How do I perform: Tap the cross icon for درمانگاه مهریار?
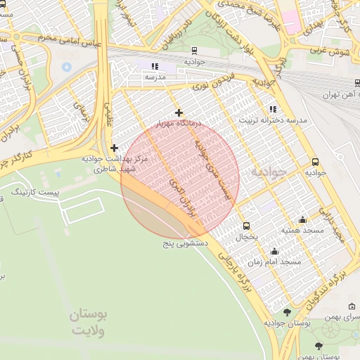179,112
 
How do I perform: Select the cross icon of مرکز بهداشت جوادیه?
114,148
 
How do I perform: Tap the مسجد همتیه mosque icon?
302,219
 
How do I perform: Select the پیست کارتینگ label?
39,192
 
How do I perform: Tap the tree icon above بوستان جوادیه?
287,312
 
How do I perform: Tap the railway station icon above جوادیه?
193,51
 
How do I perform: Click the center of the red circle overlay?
180,179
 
